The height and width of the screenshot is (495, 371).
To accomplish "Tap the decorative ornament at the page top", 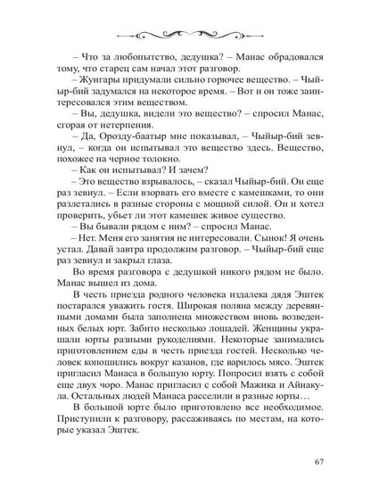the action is pos(185,33).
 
